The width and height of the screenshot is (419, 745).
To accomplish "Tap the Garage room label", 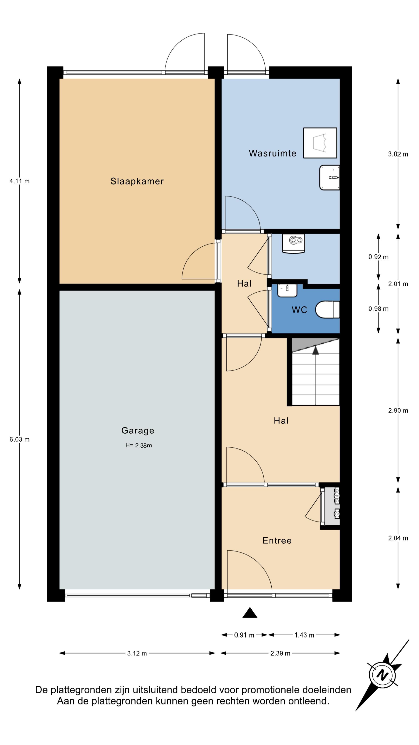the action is (x=138, y=431).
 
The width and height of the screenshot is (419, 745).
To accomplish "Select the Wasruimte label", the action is (x=272, y=153).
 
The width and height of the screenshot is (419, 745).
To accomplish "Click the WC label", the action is (x=299, y=310).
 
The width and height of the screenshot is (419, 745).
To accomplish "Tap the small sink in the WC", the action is (x=287, y=290).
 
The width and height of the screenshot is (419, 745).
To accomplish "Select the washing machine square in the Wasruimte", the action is (x=320, y=143).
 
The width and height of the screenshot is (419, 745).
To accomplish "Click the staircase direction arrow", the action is (x=315, y=350).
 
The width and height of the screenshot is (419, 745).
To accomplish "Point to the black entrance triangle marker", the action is (x=250, y=612).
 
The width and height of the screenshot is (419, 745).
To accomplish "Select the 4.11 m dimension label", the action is (x=19, y=181).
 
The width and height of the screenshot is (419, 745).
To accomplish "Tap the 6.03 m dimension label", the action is (x=19, y=440).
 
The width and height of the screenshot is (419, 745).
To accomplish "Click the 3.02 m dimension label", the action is (x=398, y=154).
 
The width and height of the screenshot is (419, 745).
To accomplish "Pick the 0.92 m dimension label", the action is (x=378, y=257).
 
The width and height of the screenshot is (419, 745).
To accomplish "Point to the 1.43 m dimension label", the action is (x=304, y=635).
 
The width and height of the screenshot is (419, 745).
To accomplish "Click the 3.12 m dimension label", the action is (x=137, y=653).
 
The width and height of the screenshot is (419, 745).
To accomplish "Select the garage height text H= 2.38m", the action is (x=139, y=445).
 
